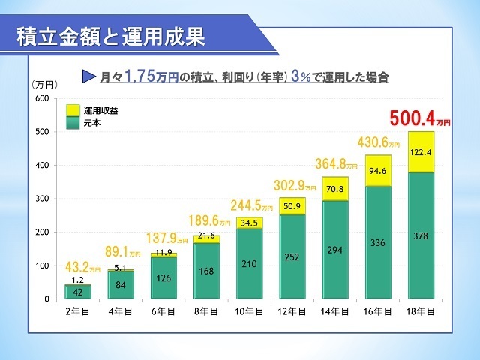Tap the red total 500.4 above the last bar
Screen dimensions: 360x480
point(415,119)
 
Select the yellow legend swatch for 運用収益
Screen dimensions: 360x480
point(73,109)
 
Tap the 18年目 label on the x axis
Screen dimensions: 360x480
point(420,310)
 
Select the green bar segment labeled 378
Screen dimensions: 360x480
point(420,235)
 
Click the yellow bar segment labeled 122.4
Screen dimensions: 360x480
point(420,152)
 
